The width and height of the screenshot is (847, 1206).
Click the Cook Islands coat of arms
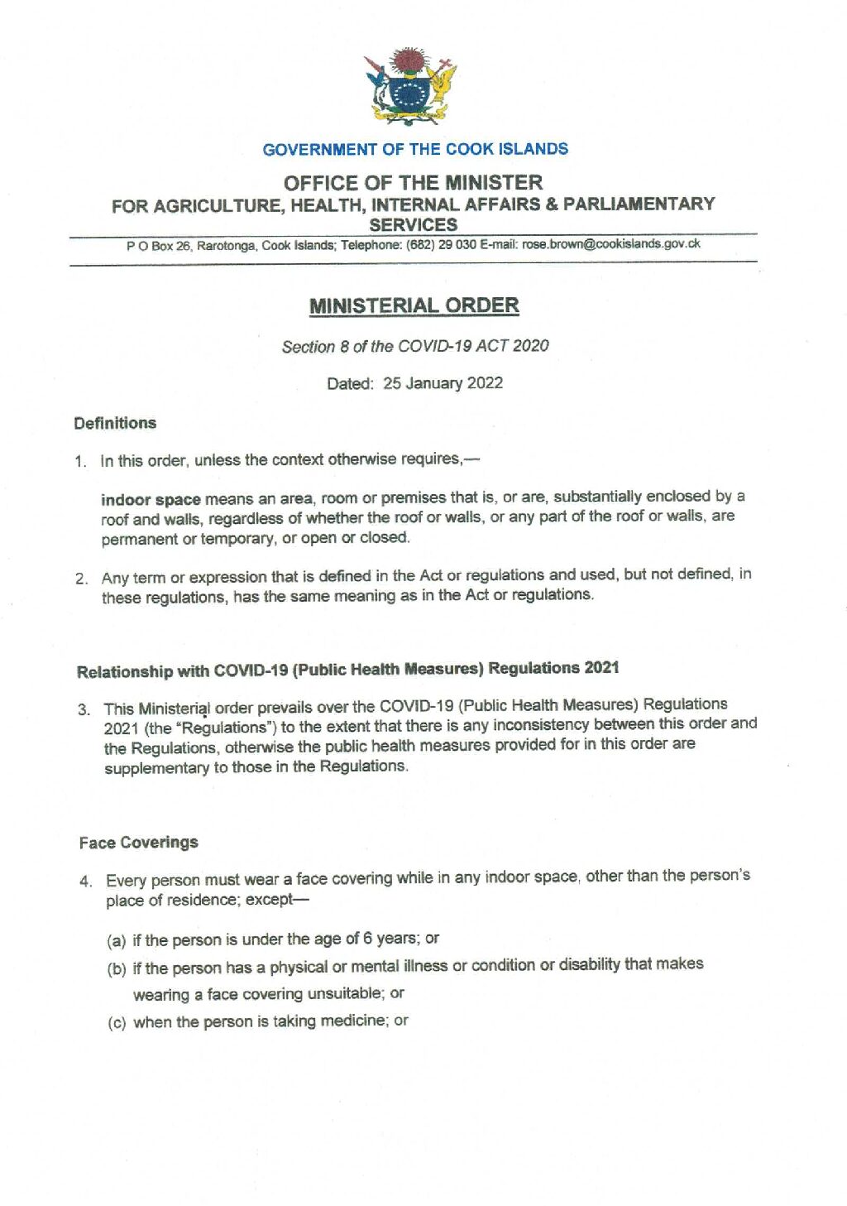(410, 86)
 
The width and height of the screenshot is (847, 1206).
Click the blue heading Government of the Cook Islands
(415, 150)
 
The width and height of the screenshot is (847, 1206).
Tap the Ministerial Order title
(414, 305)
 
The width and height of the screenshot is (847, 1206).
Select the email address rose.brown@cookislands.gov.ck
(611, 244)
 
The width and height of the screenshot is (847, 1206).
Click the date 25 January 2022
(443, 383)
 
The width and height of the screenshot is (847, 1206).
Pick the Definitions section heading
(115, 423)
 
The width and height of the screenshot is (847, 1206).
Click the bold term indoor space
(151, 499)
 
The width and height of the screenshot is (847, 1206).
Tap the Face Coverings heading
(139, 843)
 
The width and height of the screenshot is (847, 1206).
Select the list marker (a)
(117, 940)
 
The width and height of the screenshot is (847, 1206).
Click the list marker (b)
(117, 968)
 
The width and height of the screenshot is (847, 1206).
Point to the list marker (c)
(117, 1022)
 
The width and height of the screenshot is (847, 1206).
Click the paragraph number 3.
(84, 709)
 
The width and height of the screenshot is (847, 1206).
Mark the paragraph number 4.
(86, 881)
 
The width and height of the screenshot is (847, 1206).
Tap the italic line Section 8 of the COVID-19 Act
(415, 346)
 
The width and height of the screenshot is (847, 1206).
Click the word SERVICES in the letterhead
(413, 224)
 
